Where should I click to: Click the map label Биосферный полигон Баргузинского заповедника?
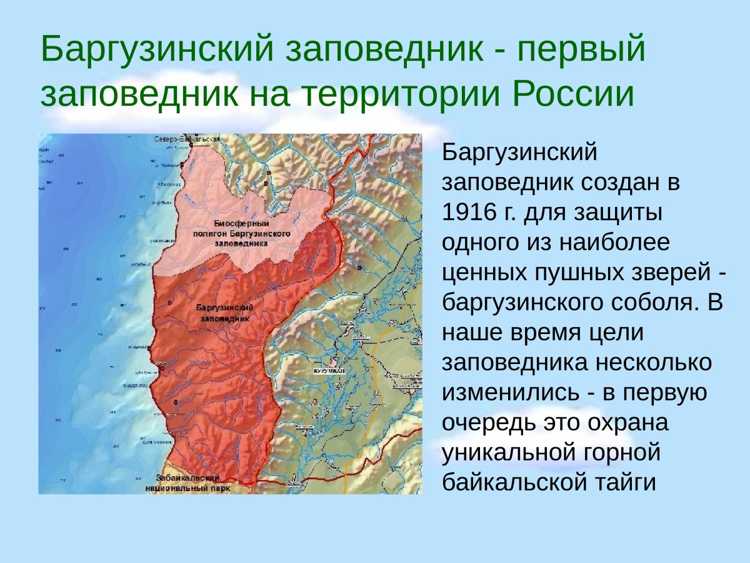pyautogui.click(x=241, y=233)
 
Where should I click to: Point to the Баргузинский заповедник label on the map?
pyautogui.click(x=224, y=313)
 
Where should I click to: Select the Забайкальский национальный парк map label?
pyautogui.click(x=187, y=482)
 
